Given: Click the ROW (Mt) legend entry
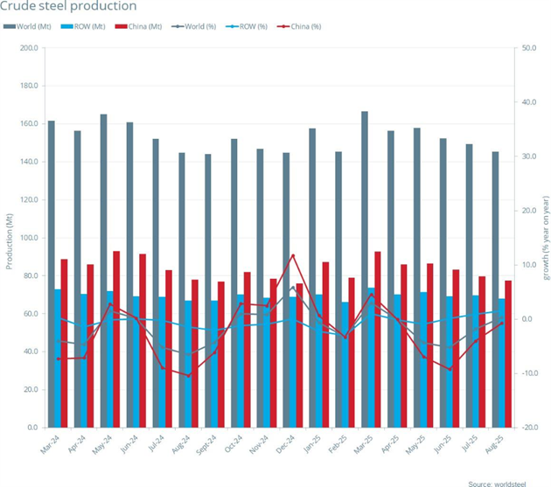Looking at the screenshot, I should pos(87,26).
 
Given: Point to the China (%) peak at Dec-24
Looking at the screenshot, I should pos(293,255).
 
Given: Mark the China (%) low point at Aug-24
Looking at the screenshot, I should pos(188,376).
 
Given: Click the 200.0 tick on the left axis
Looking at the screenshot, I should pos(28,48).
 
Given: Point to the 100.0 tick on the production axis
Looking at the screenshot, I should pos(28,238).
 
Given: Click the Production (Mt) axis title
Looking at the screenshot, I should pos(10,238).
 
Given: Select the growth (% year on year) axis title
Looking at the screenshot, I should pos(545,238).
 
